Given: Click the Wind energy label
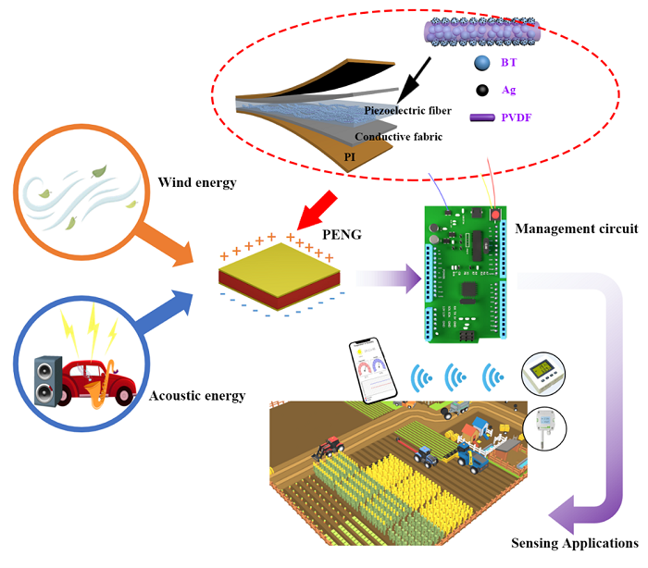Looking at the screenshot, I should tap(197, 182).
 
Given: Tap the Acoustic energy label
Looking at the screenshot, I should tap(197, 396).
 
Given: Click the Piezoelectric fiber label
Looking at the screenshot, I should tap(408, 111).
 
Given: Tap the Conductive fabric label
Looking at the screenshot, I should tap(399, 137).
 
